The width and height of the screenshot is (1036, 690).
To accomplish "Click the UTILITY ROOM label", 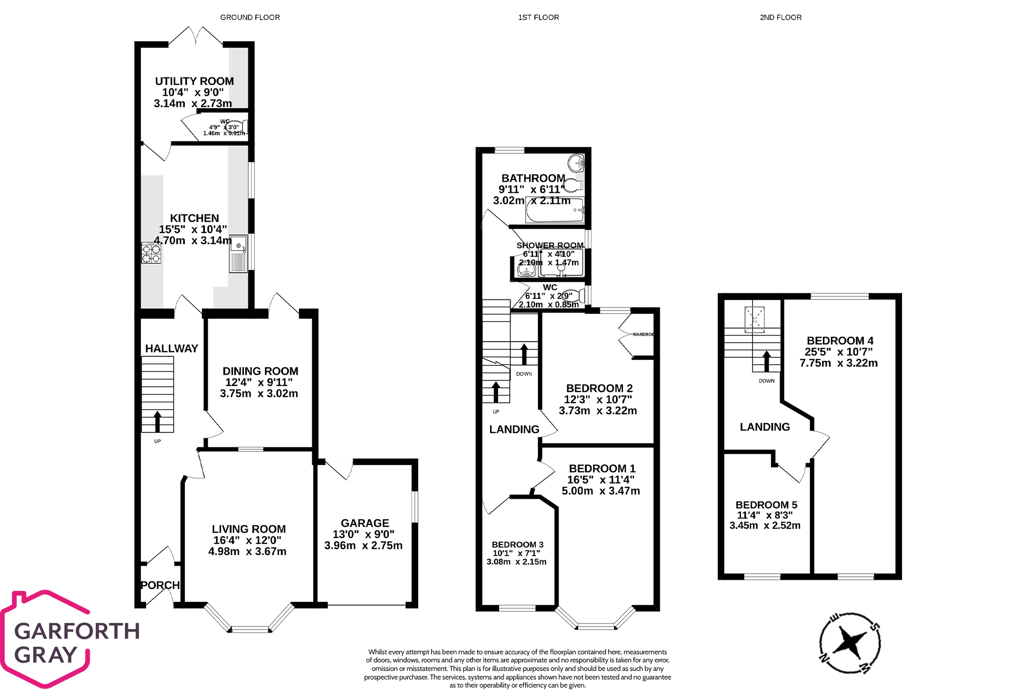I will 194,82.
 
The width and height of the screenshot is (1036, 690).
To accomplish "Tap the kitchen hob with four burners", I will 151,253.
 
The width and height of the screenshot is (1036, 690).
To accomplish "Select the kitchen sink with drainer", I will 239,254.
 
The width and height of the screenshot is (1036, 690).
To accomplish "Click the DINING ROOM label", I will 260,371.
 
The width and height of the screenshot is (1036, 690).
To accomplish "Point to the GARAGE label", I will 365,523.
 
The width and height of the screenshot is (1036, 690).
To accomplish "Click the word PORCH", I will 160,585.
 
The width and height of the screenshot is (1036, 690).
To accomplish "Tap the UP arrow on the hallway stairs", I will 157,422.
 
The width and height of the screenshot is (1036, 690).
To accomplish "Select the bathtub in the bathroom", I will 555,210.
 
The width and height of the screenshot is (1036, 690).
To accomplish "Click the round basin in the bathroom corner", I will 576,163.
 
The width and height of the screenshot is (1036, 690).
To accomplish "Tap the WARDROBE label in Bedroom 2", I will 643,335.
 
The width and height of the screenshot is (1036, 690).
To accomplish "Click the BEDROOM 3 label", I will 518,545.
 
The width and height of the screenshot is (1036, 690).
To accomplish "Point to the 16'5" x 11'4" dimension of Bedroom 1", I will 601,480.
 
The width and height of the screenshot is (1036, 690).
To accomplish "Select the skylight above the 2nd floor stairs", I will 754,319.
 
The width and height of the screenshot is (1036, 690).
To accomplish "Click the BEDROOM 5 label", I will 766,505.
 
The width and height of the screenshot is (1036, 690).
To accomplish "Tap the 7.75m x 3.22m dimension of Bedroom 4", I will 839,363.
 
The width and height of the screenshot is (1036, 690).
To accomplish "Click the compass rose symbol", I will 850,643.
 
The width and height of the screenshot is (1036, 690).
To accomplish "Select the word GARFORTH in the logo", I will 77,631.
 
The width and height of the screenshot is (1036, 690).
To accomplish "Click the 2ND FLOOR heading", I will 781,18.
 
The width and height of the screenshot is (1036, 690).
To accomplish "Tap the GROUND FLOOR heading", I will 250,18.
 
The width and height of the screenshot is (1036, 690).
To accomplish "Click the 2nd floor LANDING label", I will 765,427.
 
